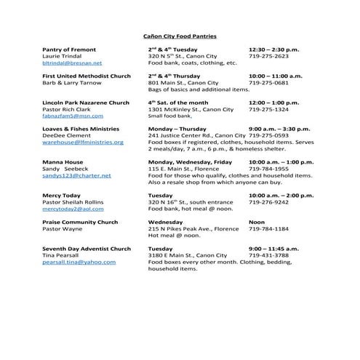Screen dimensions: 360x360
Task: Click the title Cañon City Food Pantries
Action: coord(179,36)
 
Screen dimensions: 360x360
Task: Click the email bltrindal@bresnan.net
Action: coord(72,63)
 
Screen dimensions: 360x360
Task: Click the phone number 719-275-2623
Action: coord(268,56)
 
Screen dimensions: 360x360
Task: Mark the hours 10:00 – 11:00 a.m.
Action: coord(275,76)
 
